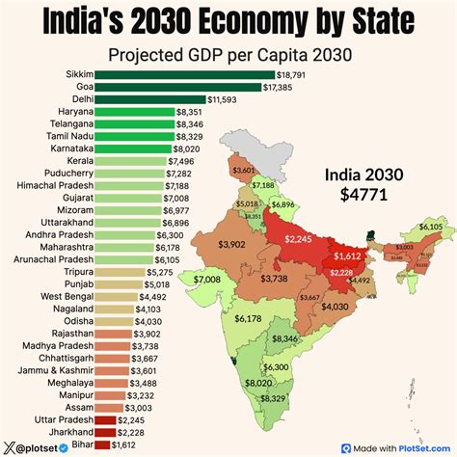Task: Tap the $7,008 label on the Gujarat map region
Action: click(207, 280)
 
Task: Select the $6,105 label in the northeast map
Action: click(431, 227)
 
